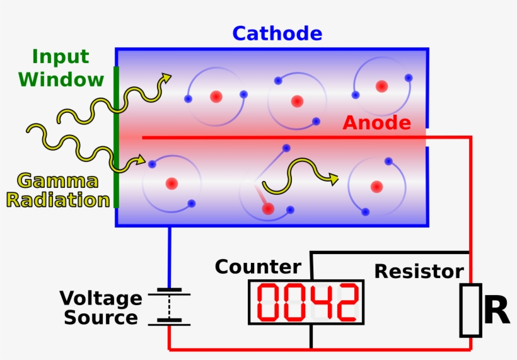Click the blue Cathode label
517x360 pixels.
pyautogui.click(x=277, y=33)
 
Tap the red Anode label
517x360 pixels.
pyautogui.click(x=376, y=123)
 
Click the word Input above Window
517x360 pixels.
pyautogui.click(x=61, y=57)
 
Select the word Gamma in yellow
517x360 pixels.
pyautogui.click(x=58, y=182)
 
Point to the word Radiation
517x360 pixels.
pyautogui.click(x=58, y=200)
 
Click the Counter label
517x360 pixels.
pyautogui.click(x=258, y=267)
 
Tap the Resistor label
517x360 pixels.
pyautogui.click(x=419, y=272)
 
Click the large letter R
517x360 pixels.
pyautogui.click(x=496, y=311)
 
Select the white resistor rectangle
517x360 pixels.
pyautogui.click(x=470, y=310)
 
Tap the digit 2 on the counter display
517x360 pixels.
pyautogui.click(x=346, y=302)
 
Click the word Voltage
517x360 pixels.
pyautogui.click(x=101, y=298)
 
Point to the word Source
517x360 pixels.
pyautogui.click(x=101, y=318)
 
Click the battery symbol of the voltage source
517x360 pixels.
pyautogui.click(x=169, y=307)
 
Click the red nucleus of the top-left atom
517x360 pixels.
pyautogui.click(x=216, y=96)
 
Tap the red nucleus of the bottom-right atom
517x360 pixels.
pyautogui.click(x=376, y=186)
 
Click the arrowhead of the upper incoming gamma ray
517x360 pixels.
pyautogui.click(x=167, y=78)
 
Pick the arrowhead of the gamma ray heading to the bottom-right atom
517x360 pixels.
pyautogui.click(x=334, y=180)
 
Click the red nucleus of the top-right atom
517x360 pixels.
pyautogui.click(x=381, y=86)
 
